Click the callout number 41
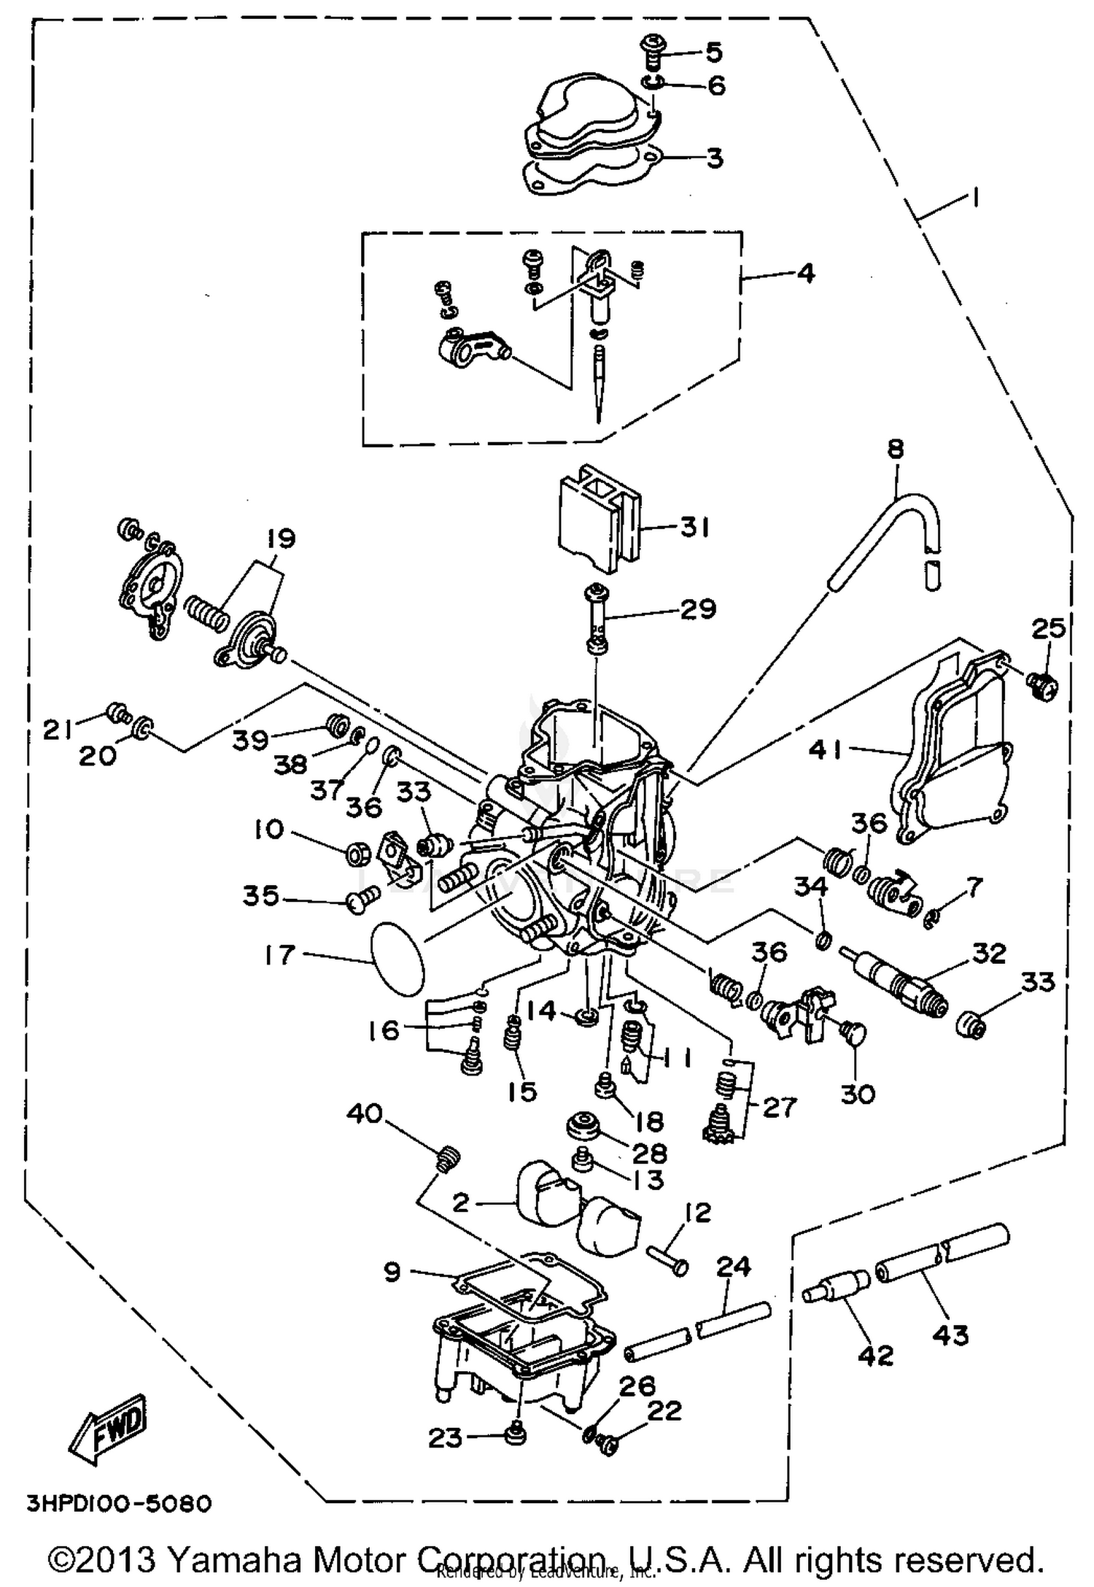(826, 749)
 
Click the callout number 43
(950, 1335)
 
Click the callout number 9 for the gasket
(392, 1273)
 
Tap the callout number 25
(1048, 628)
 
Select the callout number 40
(365, 1114)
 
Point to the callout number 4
(804, 274)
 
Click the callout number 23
(445, 1438)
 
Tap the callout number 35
(260, 896)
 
